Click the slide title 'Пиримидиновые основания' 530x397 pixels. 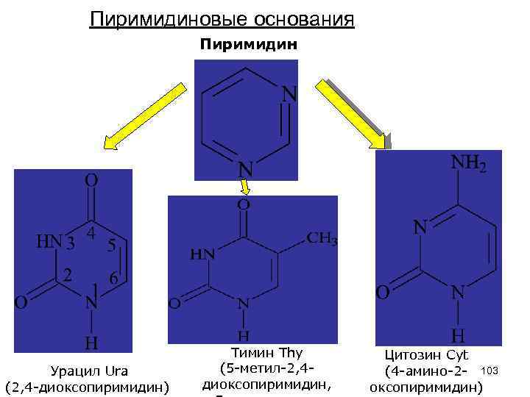click(x=222, y=18)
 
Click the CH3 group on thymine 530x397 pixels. click(x=322, y=238)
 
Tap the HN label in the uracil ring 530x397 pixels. click(x=50, y=242)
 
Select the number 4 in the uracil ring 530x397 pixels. click(x=89, y=233)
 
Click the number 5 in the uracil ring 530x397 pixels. click(x=110, y=246)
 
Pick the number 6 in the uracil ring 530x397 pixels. click(x=113, y=279)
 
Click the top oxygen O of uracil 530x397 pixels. click(x=91, y=180)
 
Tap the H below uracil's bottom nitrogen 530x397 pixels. click(x=91, y=343)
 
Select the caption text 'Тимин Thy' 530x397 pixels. click(x=266, y=353)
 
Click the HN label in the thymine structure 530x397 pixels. click(x=203, y=254)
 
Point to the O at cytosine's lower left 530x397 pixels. click(x=383, y=293)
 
